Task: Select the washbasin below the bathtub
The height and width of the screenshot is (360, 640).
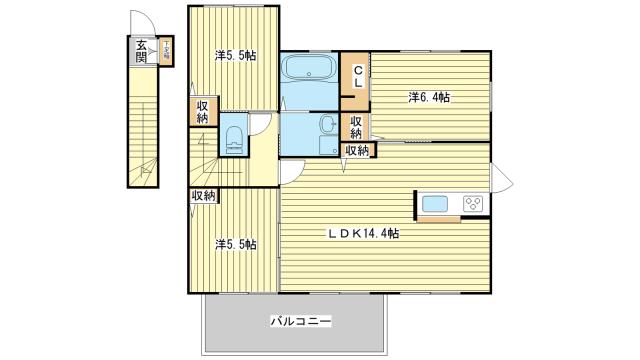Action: point(328,126)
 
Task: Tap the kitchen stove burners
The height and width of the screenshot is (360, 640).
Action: point(472,204)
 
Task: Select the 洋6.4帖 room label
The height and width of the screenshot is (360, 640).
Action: point(428,97)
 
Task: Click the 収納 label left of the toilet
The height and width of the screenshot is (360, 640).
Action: point(202,112)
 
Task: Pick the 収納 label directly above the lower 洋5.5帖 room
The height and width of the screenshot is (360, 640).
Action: point(203,196)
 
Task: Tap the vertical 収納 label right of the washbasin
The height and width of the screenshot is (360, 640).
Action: point(356,127)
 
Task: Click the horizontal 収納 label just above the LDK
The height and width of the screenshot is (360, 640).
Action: point(356,151)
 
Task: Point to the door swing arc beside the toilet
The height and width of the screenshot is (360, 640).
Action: point(261,124)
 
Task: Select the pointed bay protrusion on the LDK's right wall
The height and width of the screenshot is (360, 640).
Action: point(501,180)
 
